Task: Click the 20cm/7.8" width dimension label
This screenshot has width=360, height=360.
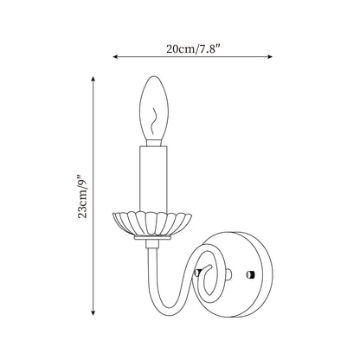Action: tap(193, 48)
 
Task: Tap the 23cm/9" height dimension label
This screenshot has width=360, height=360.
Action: tap(82, 196)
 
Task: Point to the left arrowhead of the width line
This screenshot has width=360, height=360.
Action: tap(115, 56)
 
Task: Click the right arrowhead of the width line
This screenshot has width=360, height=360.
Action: tap(270, 56)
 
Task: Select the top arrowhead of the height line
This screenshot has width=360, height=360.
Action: tap(93, 80)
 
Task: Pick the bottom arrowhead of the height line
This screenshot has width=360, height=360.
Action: tap(93, 312)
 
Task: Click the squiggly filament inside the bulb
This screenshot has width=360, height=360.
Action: tap(154, 122)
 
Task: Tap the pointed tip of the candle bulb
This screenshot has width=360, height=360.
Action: tap(154, 77)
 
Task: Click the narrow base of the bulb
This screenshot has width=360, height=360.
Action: tap(153, 142)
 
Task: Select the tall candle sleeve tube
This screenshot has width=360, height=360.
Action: tap(153, 179)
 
